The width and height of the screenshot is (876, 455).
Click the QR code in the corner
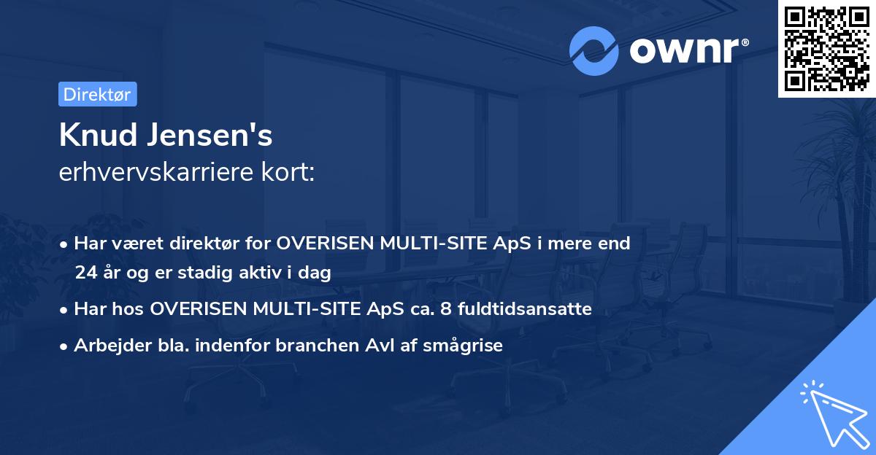(x=826, y=49)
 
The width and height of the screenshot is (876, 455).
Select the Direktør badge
(x=97, y=94)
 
